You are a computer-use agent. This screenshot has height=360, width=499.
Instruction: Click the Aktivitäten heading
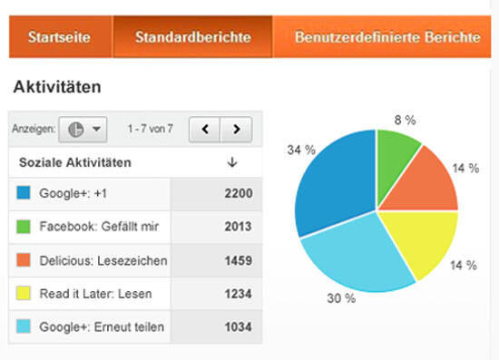pos(56,88)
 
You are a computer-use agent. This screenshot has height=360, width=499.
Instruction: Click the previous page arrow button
pos(205,129)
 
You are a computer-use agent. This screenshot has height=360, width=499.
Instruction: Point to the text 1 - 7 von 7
pos(151,129)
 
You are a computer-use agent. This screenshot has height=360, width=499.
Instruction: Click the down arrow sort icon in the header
pos(231,162)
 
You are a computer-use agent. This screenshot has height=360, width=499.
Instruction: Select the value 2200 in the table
pos(238,193)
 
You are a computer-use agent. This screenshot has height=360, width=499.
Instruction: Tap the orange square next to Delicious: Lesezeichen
pos(24,260)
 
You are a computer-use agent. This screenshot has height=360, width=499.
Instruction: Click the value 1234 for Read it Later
pos(238,294)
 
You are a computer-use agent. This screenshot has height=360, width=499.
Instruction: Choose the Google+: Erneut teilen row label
pos(102,327)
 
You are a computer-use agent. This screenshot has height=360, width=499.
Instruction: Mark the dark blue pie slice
pos(336,181)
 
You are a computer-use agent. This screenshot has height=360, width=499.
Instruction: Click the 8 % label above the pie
pos(404,119)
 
